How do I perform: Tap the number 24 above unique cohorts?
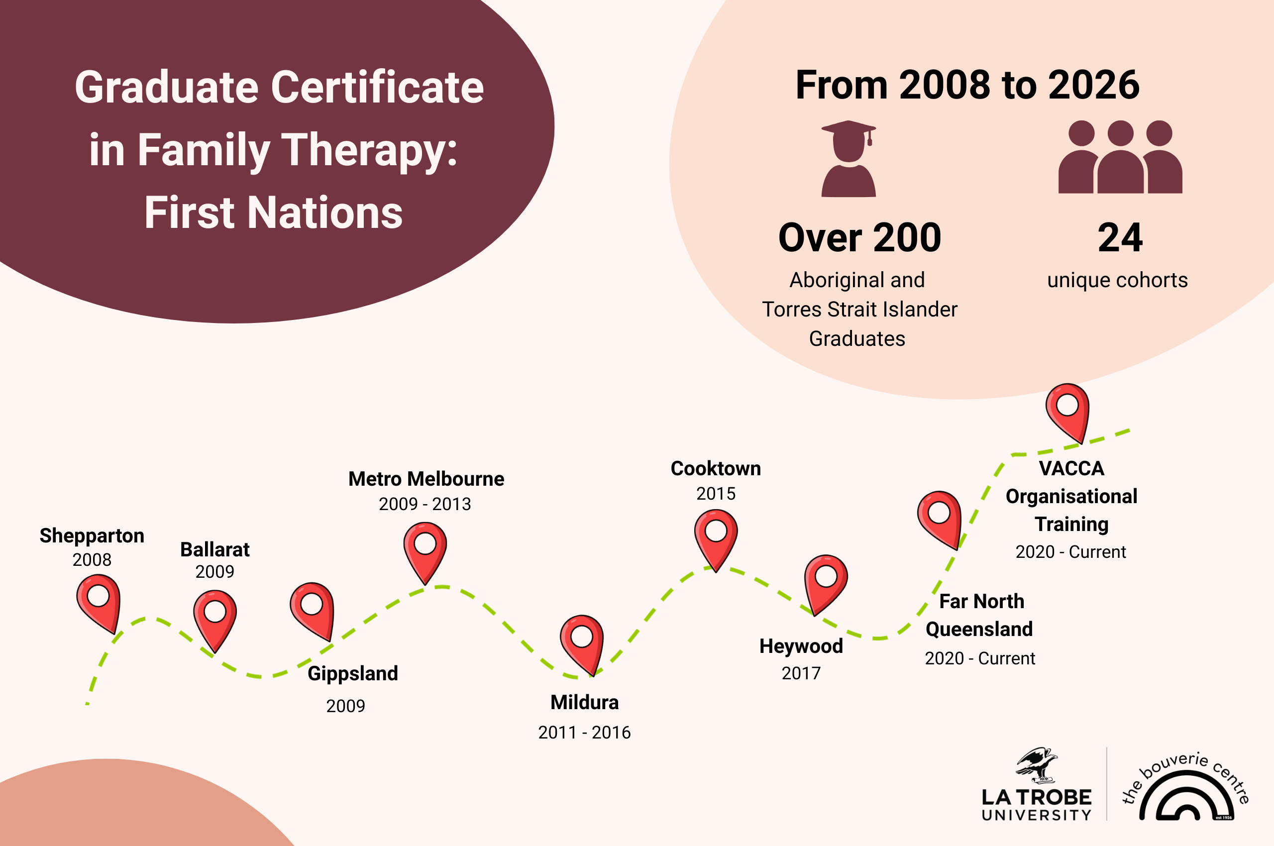pos(1120,238)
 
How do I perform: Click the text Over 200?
pos(859,238)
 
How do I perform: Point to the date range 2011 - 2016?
pos(584,732)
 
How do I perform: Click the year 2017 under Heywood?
pos(801,673)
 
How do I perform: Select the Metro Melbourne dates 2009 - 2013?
pos(425,504)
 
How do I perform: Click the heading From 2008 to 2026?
pos(967,85)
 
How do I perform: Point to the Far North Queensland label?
pos(980,615)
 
